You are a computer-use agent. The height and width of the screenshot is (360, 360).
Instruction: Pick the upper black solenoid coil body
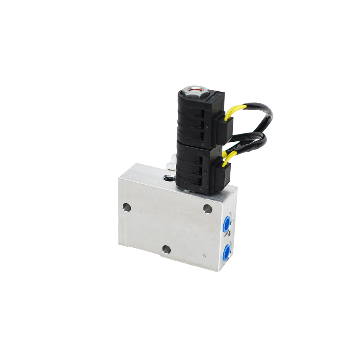coord(197,121)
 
